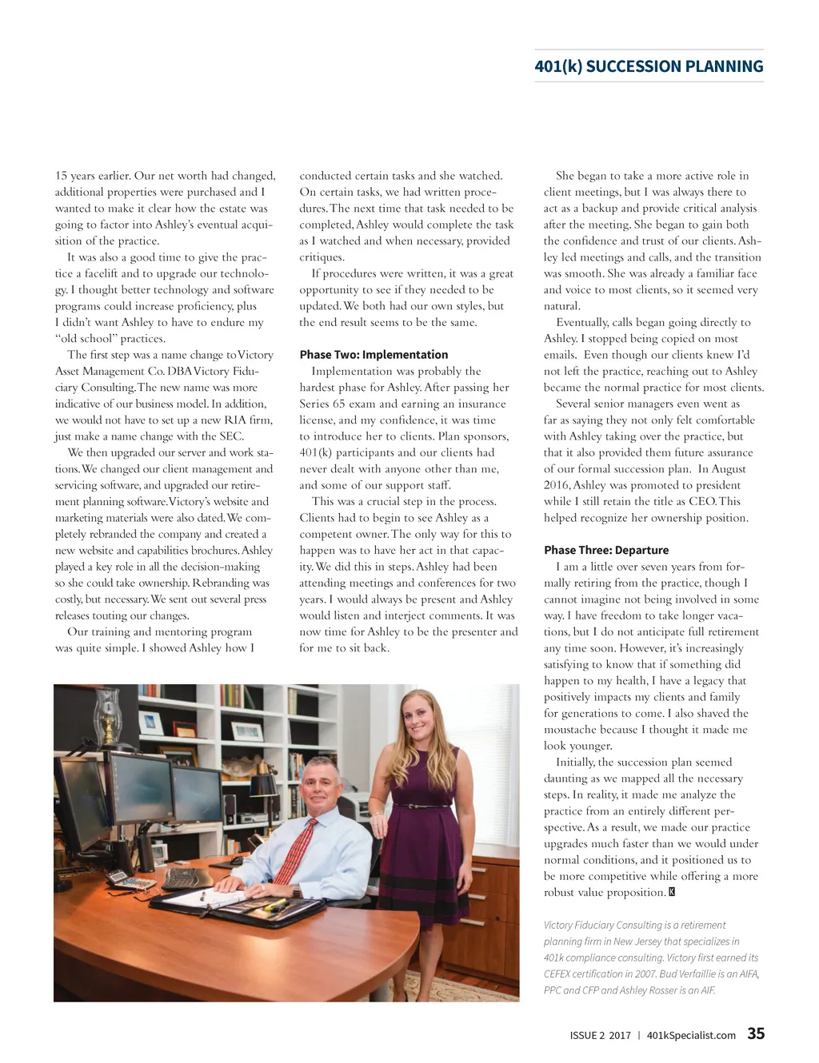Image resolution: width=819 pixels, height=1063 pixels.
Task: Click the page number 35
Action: [x=756, y=1033]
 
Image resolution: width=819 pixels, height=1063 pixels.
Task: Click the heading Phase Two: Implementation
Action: [x=374, y=355]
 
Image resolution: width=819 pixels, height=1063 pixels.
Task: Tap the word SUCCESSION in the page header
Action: [x=633, y=66]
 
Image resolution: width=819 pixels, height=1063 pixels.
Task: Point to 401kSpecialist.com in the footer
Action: [x=691, y=1036]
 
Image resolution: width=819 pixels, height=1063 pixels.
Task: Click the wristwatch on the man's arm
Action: [x=296, y=890]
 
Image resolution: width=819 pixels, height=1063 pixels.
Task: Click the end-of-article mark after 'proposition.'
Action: [x=672, y=893]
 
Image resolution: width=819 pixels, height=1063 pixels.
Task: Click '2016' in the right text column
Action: [x=557, y=485]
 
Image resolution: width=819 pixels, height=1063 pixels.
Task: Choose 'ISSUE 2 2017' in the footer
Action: [x=600, y=1036]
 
